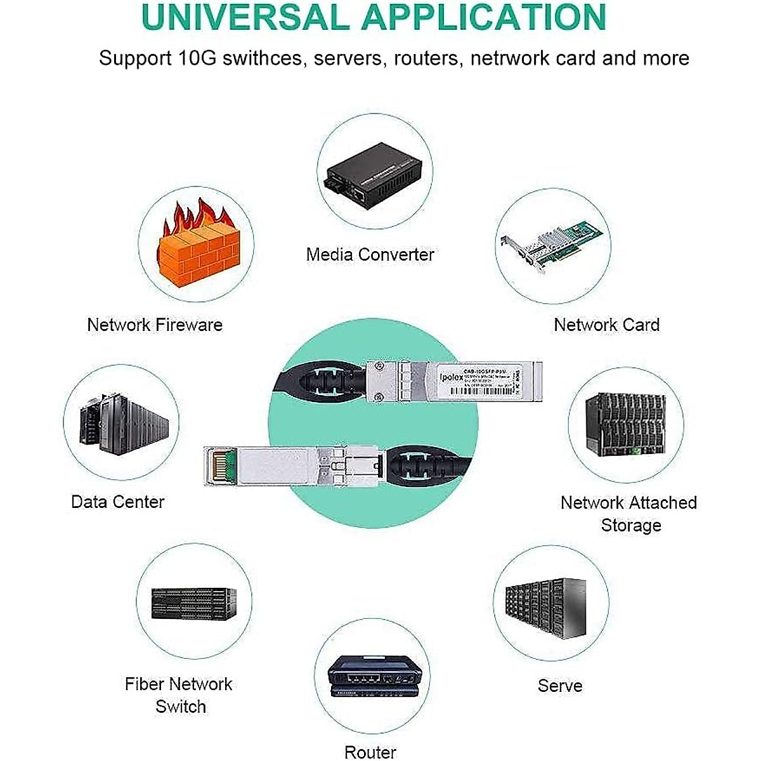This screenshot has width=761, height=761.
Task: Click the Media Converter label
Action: [x=370, y=255]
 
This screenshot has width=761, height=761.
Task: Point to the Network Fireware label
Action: [x=155, y=325]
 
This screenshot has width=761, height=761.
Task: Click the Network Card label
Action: [x=606, y=325]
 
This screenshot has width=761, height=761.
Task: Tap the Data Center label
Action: [x=117, y=502]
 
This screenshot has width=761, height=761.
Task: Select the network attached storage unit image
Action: [x=625, y=424]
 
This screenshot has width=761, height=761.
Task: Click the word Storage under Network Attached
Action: [x=630, y=526]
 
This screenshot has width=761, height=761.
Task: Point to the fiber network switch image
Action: [x=194, y=604]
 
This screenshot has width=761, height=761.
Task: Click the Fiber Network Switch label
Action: [x=179, y=695]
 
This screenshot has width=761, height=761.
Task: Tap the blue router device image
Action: [x=374, y=677]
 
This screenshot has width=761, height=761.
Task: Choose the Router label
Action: [x=370, y=752]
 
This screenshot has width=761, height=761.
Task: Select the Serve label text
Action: [x=559, y=686]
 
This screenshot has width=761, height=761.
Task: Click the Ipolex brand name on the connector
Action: [x=451, y=376]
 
